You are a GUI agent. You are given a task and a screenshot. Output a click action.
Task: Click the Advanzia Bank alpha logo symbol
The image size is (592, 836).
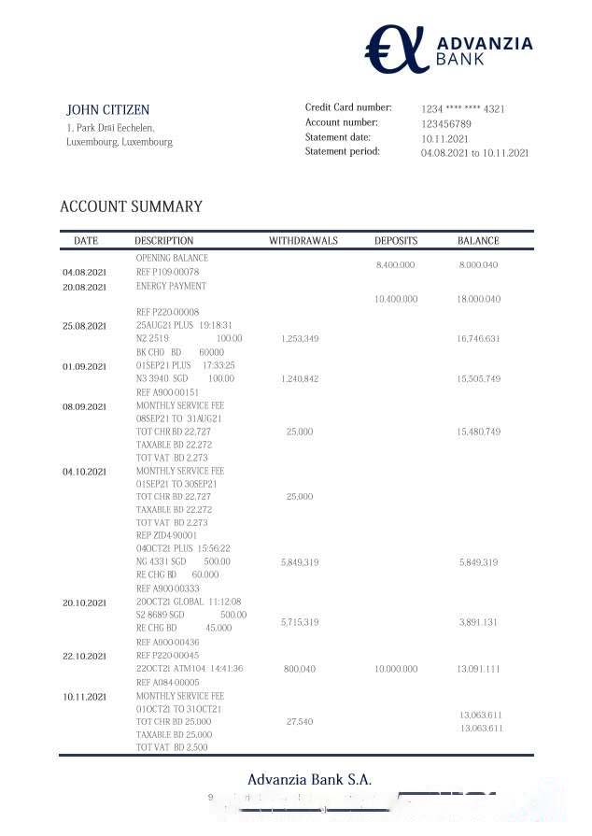(394, 49)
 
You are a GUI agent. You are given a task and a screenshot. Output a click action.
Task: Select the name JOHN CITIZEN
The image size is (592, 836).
(107, 110)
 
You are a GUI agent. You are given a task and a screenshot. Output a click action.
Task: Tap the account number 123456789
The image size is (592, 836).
(445, 124)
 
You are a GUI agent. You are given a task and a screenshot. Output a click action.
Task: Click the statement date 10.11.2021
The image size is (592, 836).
(444, 139)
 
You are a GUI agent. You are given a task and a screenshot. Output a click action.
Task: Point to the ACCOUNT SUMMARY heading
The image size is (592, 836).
(131, 206)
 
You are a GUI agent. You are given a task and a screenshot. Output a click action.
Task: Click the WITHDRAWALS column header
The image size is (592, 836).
(303, 241)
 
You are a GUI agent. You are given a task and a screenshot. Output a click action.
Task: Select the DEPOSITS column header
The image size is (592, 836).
(396, 241)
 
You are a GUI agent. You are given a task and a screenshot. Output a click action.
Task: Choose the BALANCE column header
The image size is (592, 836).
(478, 241)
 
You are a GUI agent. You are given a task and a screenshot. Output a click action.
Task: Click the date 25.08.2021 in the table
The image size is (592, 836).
(85, 326)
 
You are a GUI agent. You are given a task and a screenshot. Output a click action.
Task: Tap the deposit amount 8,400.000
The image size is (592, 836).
(395, 265)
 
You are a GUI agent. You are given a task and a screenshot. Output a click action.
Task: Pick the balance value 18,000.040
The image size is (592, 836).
(478, 299)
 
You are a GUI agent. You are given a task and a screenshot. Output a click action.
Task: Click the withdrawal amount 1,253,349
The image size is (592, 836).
(300, 338)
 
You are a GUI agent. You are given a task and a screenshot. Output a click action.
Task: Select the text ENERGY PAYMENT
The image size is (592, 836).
(171, 286)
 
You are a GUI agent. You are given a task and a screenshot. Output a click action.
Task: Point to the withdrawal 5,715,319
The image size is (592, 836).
(300, 622)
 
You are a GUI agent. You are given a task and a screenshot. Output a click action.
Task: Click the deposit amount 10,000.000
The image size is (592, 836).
(395, 669)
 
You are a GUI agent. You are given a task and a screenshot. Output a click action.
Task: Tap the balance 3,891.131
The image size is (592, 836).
(478, 622)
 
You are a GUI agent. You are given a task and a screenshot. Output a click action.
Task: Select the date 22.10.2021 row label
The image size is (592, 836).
(85, 657)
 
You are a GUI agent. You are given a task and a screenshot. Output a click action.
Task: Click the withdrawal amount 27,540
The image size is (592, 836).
(300, 721)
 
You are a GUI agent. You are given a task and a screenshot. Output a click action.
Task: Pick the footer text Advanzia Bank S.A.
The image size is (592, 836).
(309, 779)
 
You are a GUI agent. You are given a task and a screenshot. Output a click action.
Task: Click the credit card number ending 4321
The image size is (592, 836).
(463, 109)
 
